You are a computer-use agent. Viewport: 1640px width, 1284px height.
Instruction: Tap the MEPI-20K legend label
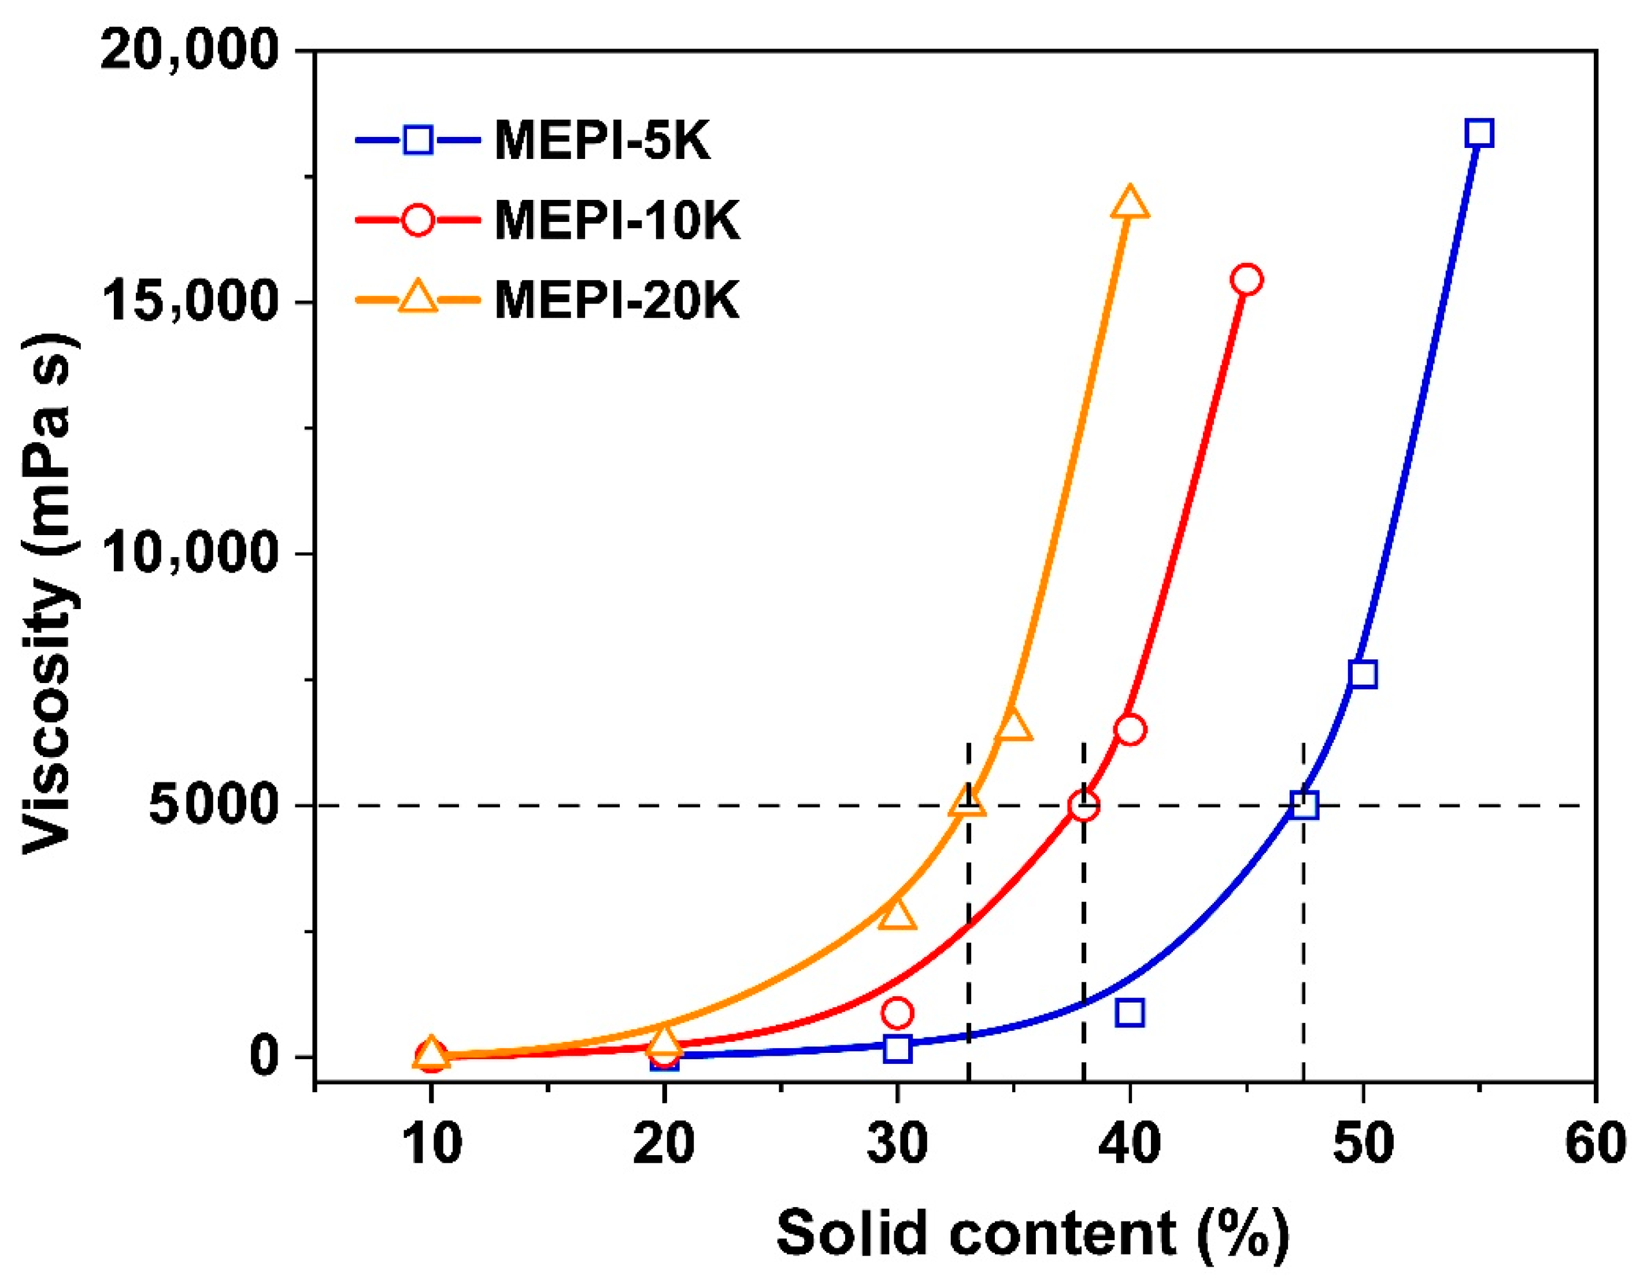point(617,300)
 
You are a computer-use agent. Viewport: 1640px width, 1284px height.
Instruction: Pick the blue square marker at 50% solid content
point(1363,674)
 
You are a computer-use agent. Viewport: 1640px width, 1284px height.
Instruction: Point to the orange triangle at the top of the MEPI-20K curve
point(1130,203)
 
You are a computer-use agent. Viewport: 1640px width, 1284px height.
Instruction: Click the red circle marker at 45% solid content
point(1246,280)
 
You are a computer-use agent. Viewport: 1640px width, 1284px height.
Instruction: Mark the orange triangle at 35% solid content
point(1013,725)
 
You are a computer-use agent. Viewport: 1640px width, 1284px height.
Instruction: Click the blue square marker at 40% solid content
point(1130,1012)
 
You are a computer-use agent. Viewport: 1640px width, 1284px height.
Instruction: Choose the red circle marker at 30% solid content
point(897,1012)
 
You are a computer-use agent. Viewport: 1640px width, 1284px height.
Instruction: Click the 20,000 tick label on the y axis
point(190,53)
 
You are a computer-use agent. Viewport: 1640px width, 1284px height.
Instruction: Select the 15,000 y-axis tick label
point(190,303)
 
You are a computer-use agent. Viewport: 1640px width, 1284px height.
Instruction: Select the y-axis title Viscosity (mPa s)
point(49,594)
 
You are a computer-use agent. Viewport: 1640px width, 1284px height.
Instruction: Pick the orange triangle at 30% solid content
point(897,914)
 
